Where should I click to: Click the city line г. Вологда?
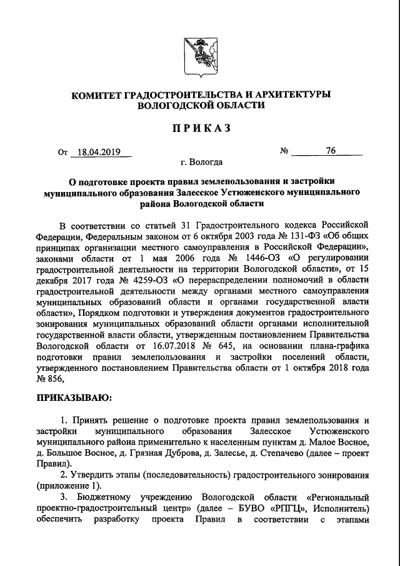coord(201,163)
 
